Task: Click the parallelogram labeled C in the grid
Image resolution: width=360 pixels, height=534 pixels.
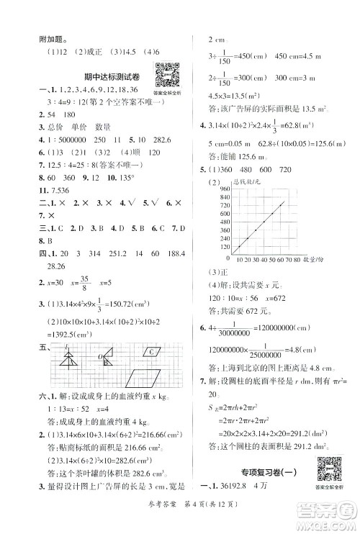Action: click(156, 353)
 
